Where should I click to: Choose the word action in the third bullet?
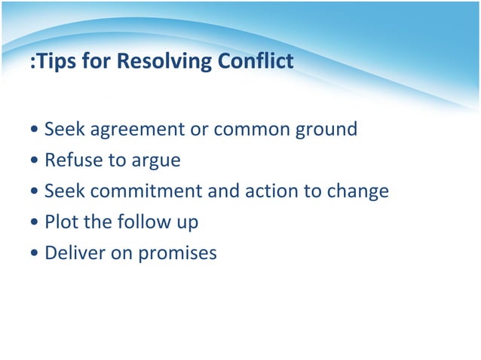272,191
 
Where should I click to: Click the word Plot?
62,222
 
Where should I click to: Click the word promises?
176,254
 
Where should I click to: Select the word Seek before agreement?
65,130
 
